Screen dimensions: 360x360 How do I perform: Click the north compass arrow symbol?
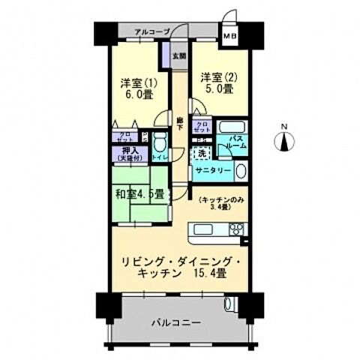coord(286,141)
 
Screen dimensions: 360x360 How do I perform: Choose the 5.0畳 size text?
coord(217,88)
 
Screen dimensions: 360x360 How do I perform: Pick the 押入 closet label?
coord(123,151)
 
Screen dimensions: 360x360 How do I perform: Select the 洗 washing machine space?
coord(200,153)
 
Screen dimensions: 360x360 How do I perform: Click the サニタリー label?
coord(212,171)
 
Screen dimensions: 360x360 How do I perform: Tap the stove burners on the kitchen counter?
coord(236,229)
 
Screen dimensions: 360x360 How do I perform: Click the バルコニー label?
coord(173,323)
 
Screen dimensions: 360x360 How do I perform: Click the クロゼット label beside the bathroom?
coord(201,127)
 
